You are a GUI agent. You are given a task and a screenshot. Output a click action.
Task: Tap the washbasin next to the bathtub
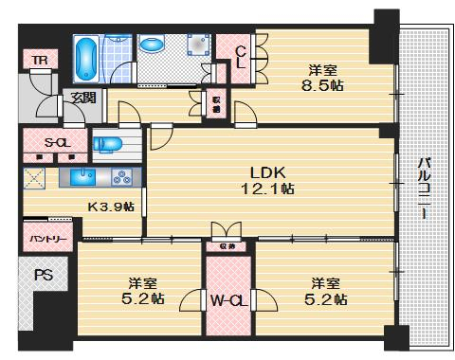coord(152,44)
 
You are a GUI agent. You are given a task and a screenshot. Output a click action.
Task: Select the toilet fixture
coord(109,144)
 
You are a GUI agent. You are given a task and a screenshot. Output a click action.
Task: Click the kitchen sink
coord(80,176)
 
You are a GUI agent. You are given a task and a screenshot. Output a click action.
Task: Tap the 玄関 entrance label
coord(80,98)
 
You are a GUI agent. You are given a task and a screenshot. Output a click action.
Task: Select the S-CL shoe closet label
coord(42,142)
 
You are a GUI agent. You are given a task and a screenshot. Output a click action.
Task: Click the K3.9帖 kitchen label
coord(111,206)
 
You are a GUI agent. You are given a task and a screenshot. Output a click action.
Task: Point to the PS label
coord(44,277)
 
